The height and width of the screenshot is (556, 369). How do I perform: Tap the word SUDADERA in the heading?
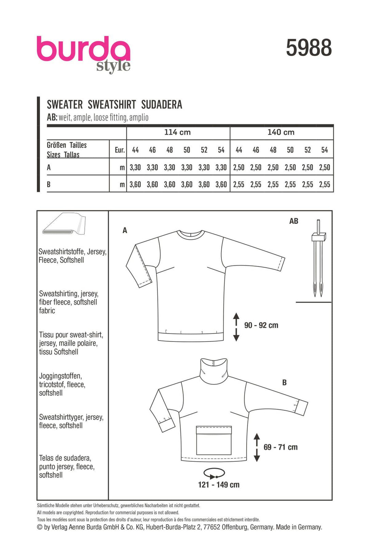coord(162,105)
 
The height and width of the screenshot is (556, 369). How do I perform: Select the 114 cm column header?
coord(177,132)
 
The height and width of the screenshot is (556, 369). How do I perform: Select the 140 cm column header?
coord(281,132)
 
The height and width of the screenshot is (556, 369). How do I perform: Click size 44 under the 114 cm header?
coord(135,150)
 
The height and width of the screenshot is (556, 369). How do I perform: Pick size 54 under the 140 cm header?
coord(325,150)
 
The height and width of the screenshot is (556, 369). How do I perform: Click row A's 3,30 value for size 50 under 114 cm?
coord(187,167)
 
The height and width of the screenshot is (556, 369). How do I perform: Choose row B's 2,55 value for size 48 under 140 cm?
coord(273,184)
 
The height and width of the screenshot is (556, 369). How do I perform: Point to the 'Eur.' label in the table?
coord(120,150)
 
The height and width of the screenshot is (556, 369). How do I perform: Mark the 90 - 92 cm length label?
coord(261,325)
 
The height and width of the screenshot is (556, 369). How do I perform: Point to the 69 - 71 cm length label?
coord(281,447)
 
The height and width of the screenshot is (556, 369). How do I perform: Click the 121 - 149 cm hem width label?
coord(219,485)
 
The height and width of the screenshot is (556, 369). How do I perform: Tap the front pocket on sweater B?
coord(214,440)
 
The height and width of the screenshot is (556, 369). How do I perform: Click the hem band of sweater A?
coord(191,336)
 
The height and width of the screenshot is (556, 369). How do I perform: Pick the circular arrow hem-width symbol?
coord(214,473)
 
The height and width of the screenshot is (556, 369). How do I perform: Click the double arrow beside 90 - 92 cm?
coord(236,327)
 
